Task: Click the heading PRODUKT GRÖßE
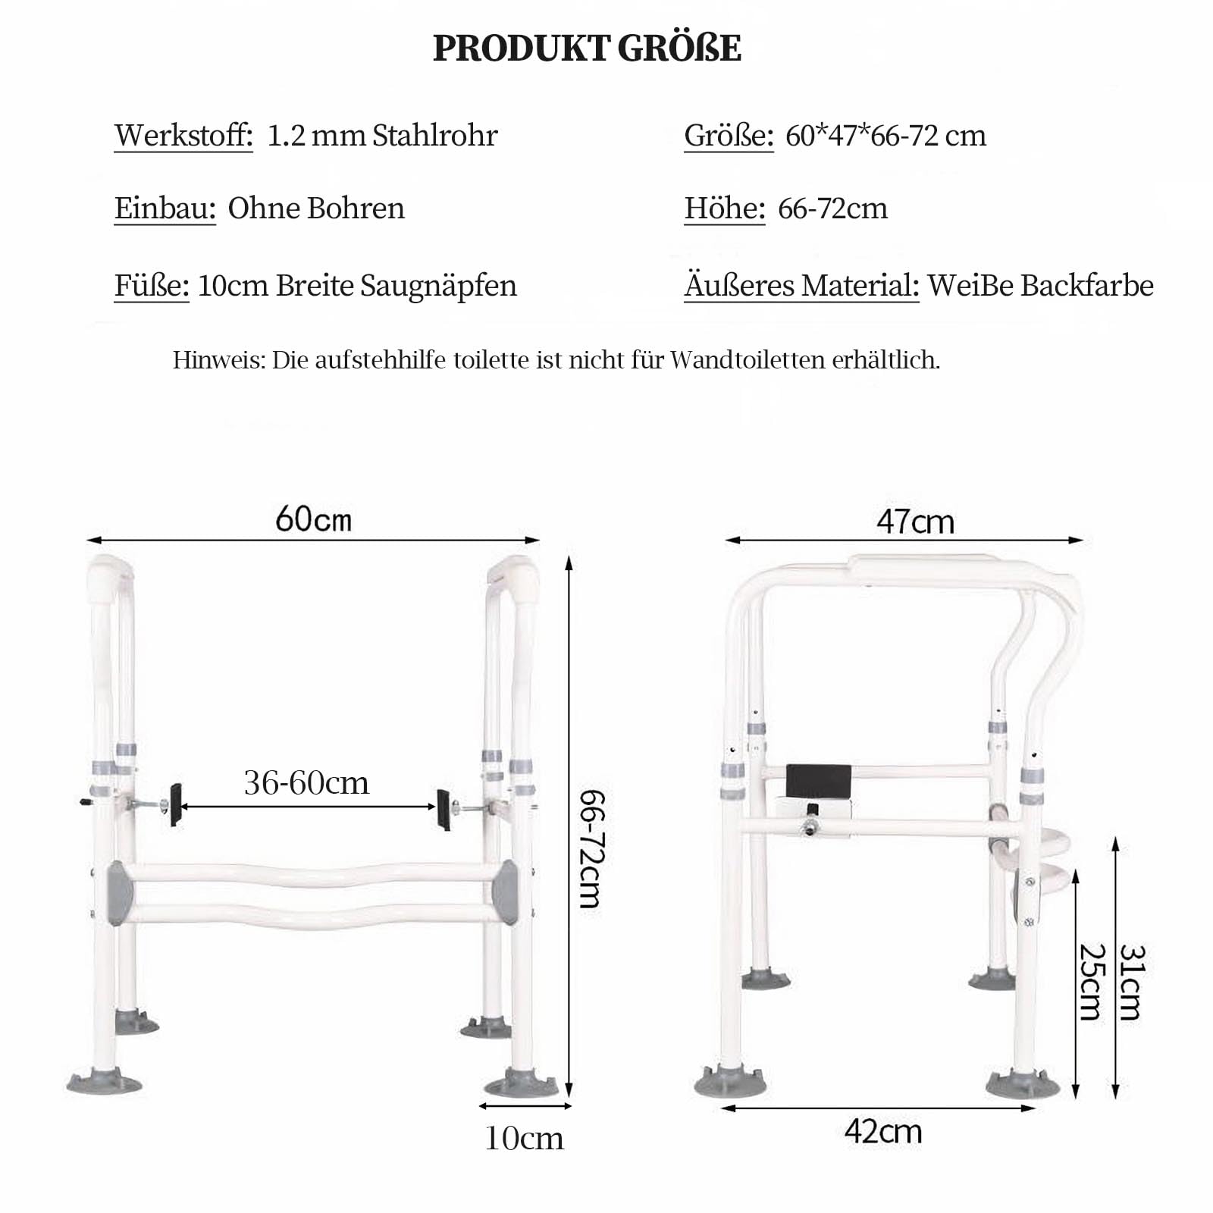tap(587, 49)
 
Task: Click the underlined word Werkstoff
tap(183, 136)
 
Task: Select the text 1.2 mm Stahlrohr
tap(383, 136)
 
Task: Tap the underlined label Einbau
tap(165, 208)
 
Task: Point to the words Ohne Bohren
tap(316, 208)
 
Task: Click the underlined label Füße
tap(152, 286)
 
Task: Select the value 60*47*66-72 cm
tap(885, 136)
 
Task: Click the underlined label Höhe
tap(725, 208)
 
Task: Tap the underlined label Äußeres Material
tap(801, 286)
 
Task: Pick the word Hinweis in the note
tap(219, 359)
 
